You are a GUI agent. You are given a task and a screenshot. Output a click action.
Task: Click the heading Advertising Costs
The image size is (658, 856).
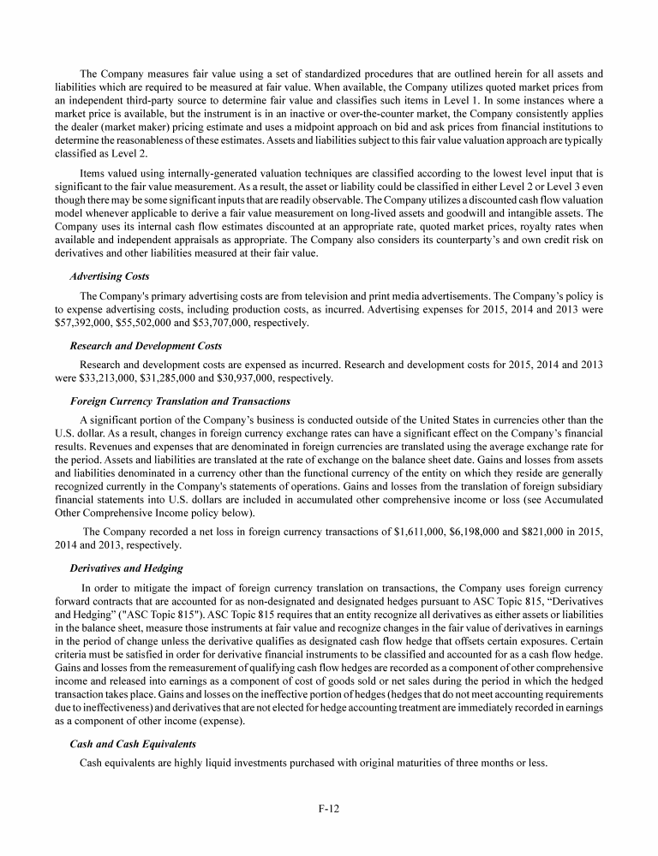109,276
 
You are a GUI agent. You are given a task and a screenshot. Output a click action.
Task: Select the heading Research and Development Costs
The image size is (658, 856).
146,346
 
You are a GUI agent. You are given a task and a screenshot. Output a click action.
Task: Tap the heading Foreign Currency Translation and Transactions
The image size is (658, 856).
180,401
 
